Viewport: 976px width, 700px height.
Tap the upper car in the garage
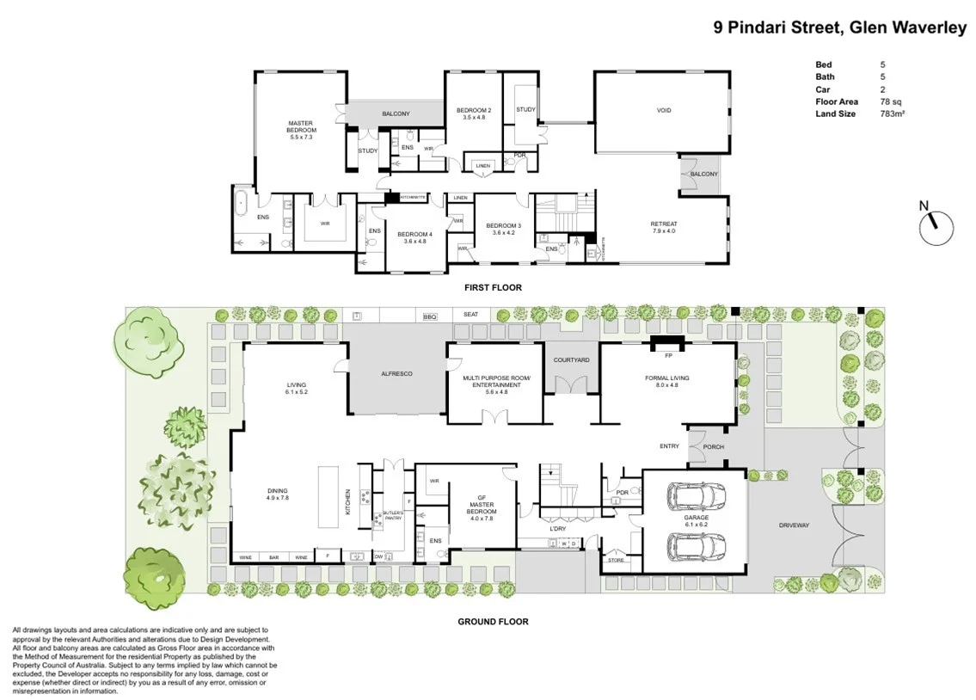696,497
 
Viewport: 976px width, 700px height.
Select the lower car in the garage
696,546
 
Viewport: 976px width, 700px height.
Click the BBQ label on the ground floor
430,316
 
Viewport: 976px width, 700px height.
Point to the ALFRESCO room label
397,375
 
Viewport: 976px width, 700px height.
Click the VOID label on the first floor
663,111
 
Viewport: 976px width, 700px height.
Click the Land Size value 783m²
891,114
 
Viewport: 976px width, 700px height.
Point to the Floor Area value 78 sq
889,101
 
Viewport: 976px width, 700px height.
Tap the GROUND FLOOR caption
494,621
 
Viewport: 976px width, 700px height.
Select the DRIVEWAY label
795,525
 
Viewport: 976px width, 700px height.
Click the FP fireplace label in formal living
667,355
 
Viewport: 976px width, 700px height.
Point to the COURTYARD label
571,359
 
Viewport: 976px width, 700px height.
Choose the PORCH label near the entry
714,446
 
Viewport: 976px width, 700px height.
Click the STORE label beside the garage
615,560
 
